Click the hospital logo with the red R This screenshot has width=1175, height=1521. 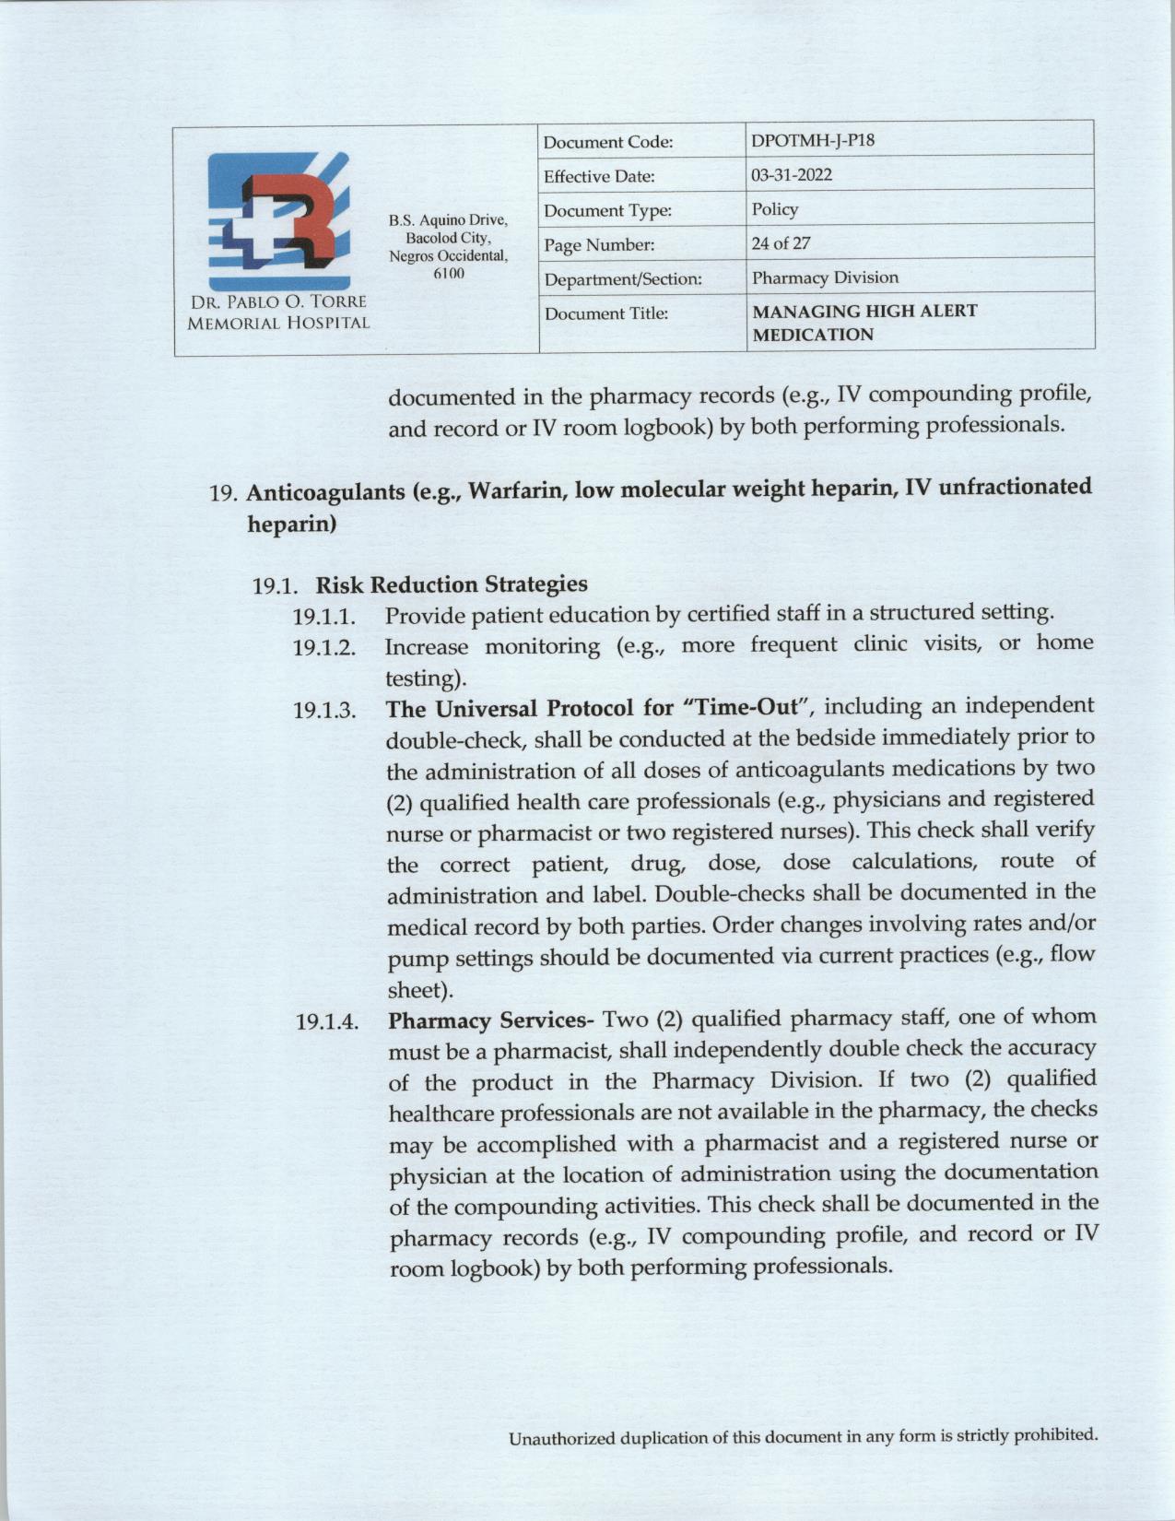(x=278, y=221)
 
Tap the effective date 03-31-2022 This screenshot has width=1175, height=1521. (x=792, y=175)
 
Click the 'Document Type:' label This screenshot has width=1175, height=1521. (x=607, y=211)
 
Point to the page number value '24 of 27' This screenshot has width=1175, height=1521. (x=781, y=243)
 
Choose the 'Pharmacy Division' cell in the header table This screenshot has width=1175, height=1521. (x=824, y=277)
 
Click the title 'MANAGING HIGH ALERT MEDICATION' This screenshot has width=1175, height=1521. (x=864, y=323)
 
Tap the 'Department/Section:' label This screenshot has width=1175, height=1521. (x=623, y=278)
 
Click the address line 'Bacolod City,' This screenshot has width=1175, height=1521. (x=448, y=238)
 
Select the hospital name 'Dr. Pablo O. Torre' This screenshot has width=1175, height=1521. (x=278, y=302)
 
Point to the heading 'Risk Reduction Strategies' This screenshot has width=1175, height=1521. (x=451, y=584)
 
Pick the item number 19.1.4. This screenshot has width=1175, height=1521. (x=326, y=1022)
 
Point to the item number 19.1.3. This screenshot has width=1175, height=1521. (x=325, y=711)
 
